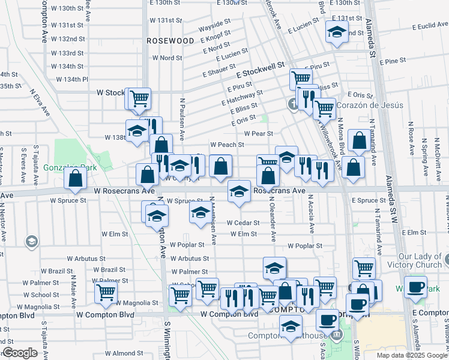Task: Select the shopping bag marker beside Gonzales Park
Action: [x=75, y=178]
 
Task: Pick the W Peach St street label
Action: [x=227, y=145]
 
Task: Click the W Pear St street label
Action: [x=258, y=134]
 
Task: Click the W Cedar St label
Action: [x=243, y=223]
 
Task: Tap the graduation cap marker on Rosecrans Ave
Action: [x=239, y=191]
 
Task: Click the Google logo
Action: [x=20, y=353]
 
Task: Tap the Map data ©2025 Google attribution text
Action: [x=412, y=355]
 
